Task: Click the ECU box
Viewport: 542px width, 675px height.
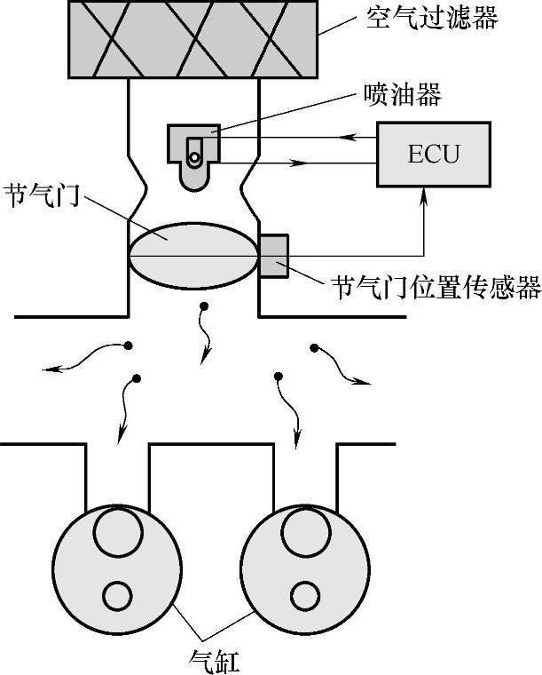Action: click(x=434, y=153)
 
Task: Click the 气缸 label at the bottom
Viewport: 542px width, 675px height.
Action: click(x=215, y=659)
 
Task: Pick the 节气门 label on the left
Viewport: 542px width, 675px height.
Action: click(x=41, y=195)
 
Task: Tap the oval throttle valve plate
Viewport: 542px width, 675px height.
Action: click(x=192, y=255)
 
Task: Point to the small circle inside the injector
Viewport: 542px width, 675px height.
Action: click(x=194, y=159)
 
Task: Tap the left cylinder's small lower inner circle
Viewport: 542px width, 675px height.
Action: click(x=117, y=594)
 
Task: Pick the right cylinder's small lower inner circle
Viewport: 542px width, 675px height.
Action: click(x=304, y=594)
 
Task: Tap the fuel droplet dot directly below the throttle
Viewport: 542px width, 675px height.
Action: click(x=204, y=307)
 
